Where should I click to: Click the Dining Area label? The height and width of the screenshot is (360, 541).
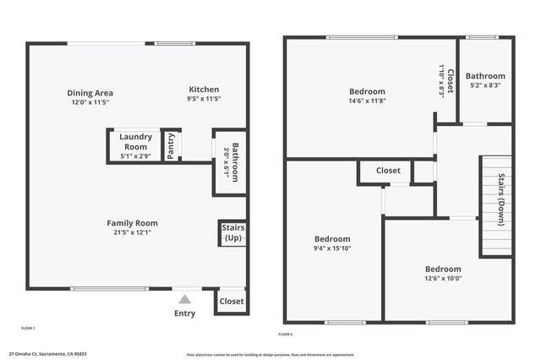(x=90, y=93)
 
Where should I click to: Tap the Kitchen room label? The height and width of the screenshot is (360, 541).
(x=204, y=90)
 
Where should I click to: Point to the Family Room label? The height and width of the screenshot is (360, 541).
(x=132, y=223)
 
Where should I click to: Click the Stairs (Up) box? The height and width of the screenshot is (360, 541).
(x=232, y=233)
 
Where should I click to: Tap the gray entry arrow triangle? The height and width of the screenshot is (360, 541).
(x=184, y=298)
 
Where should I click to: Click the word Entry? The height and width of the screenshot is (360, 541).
(x=184, y=314)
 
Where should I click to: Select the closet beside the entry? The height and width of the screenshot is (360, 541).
(x=231, y=301)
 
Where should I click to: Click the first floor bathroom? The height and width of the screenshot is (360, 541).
(x=230, y=162)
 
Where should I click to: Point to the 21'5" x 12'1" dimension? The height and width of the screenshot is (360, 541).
(x=132, y=232)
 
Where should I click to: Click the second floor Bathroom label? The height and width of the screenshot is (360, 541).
(x=485, y=76)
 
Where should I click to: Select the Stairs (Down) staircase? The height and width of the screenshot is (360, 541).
(x=497, y=203)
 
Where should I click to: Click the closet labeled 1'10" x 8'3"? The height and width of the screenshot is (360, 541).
(x=445, y=83)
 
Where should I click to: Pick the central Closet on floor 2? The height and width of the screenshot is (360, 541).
(x=388, y=171)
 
